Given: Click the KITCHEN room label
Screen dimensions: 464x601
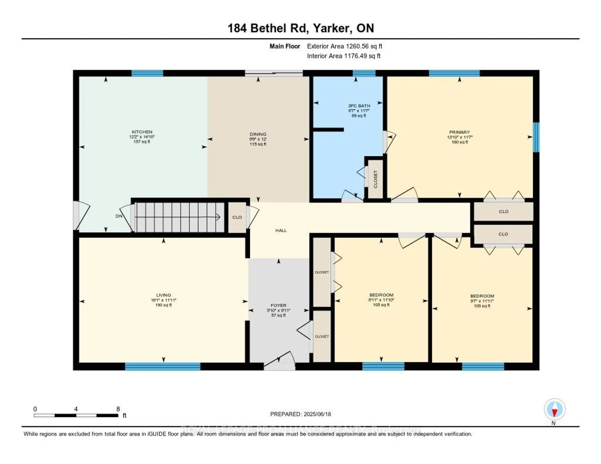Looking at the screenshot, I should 142,132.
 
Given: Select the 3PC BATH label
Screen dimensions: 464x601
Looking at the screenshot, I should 359,106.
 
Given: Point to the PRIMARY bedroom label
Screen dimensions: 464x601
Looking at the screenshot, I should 460,132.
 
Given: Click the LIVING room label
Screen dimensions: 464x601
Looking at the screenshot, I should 163,295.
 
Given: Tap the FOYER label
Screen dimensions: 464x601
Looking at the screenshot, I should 278,305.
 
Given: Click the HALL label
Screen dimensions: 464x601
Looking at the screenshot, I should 281,230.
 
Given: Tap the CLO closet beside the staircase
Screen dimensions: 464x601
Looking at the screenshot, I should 237,217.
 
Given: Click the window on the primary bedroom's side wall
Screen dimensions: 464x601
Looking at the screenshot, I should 536,137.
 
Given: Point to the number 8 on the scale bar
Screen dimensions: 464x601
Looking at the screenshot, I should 118,409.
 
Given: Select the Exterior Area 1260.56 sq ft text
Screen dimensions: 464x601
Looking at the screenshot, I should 344,46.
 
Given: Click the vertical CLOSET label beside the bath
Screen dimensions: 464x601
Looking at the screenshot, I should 376,179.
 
